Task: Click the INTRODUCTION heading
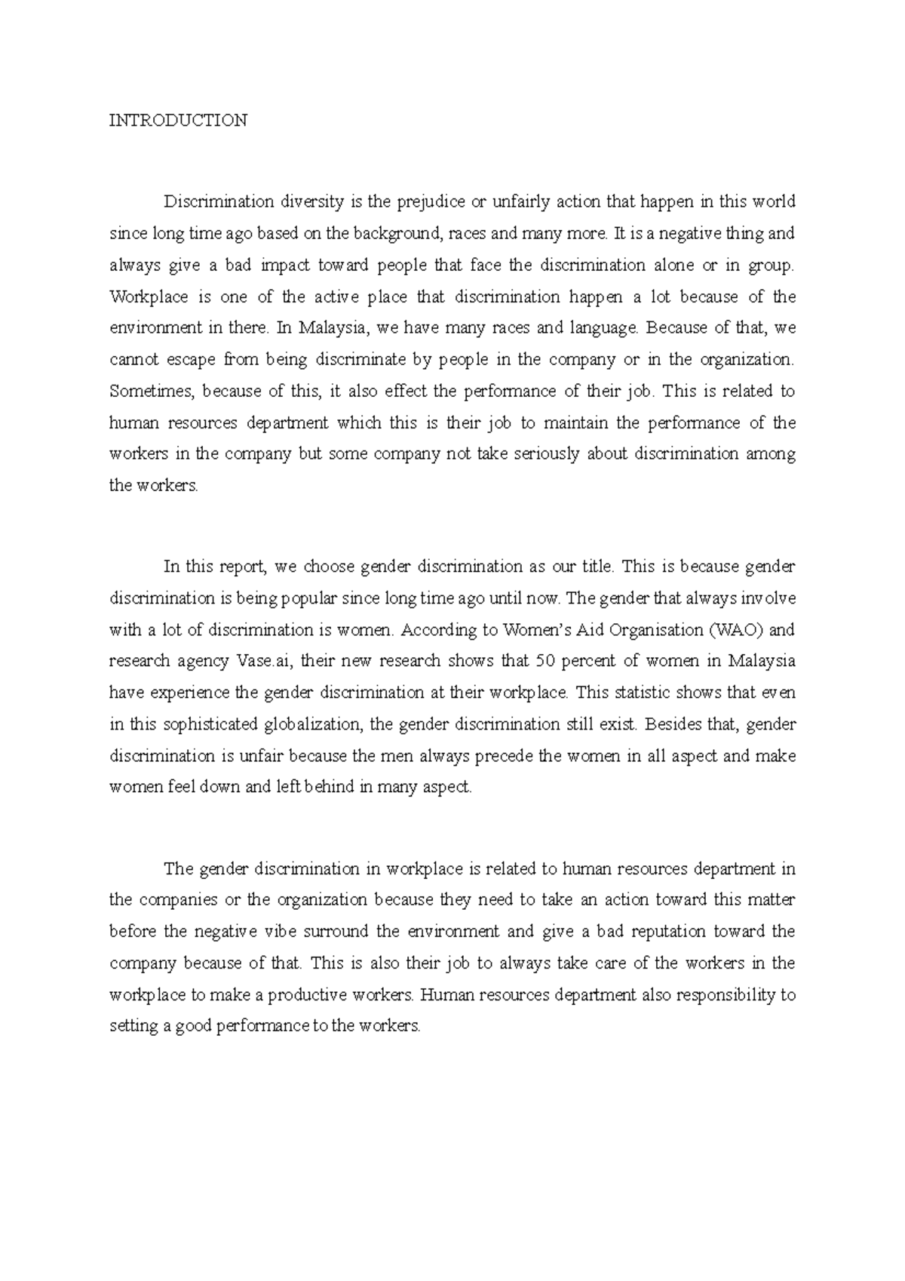[178, 121]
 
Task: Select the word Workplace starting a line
[149, 297]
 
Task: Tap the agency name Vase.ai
[268, 662]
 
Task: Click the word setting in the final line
[133, 1027]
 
